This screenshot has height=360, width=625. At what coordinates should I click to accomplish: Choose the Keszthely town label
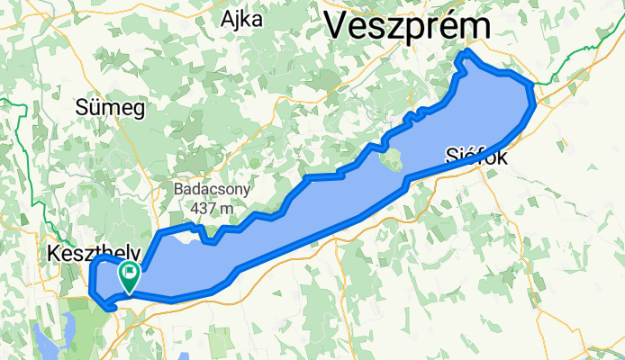[x=77, y=255]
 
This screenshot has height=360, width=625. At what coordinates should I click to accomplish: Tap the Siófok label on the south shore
[x=477, y=157]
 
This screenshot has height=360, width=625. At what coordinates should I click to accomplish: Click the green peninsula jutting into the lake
[x=392, y=161]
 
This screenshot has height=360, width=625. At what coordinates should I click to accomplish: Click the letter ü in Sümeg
[x=99, y=109]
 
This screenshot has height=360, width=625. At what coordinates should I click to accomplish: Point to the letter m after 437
[x=229, y=209]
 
